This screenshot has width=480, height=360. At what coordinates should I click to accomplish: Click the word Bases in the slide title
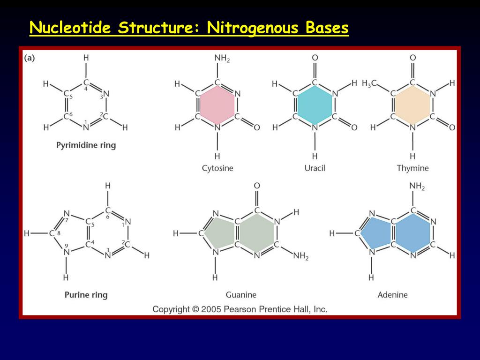(x=327, y=28)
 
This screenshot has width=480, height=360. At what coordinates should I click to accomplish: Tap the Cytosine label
(x=217, y=168)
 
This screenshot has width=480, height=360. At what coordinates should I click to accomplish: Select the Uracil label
(x=315, y=168)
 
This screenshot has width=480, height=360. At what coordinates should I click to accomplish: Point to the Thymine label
(x=412, y=168)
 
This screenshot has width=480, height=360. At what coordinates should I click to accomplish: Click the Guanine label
(x=241, y=295)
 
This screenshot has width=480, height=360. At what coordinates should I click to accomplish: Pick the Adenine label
(x=392, y=295)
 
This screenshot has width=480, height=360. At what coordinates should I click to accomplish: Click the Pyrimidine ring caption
(x=86, y=145)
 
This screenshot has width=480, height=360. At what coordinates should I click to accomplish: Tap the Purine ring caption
(x=86, y=295)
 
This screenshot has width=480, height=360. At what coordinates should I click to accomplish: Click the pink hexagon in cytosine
(x=217, y=105)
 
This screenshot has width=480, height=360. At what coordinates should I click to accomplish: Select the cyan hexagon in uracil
(x=315, y=105)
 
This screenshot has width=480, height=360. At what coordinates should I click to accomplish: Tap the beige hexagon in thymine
(x=412, y=105)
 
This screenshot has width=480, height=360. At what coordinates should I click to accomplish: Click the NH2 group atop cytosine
(x=222, y=58)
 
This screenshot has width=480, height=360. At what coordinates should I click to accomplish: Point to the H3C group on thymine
(x=369, y=84)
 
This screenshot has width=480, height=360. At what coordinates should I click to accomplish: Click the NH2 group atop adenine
(x=417, y=187)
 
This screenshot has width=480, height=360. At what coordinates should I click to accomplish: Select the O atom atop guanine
(x=257, y=186)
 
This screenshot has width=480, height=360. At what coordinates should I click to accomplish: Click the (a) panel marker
(x=29, y=58)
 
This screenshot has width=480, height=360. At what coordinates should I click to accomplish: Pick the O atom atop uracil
(x=315, y=58)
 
